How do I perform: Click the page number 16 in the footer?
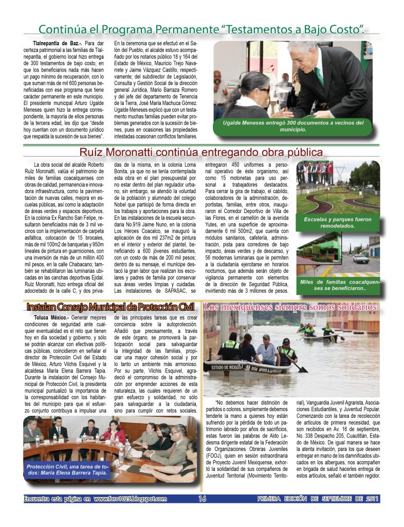202,499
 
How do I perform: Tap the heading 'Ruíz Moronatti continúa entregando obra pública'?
201,152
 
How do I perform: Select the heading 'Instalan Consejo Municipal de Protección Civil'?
111,307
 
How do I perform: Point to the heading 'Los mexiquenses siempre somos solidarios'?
291,307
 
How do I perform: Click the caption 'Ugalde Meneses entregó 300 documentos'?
293,126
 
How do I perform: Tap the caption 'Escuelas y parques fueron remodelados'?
338,222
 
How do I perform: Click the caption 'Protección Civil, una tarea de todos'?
67,469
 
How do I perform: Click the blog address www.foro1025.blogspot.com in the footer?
131,499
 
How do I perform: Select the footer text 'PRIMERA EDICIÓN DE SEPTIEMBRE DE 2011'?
318,499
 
